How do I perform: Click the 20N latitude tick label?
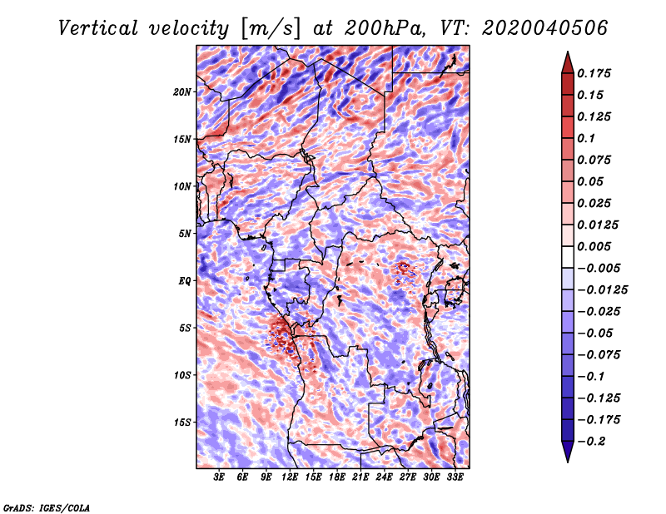coord(182,91)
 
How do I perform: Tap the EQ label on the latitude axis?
coord(185,280)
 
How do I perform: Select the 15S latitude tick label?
coord(182,422)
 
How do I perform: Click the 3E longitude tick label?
coord(220,477)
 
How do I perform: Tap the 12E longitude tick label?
coord(291,477)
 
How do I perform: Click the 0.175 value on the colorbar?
coord(595,73)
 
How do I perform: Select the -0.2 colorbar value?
coord(595,441)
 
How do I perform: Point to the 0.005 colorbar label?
coord(595,246)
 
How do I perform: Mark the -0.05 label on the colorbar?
coord(595,333)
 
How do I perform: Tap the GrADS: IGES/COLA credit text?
coord(46,507)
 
